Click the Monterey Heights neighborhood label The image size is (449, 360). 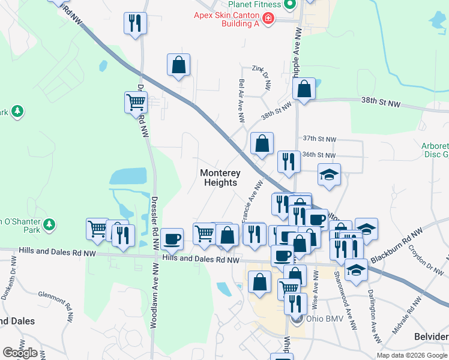pyautogui.click(x=218, y=178)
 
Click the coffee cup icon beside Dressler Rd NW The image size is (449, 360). pyautogui.click(x=172, y=239)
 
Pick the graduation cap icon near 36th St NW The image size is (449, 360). pyautogui.click(x=329, y=174)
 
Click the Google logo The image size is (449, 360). pyautogui.click(x=20, y=353)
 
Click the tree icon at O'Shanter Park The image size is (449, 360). pyautogui.click(x=48, y=226)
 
